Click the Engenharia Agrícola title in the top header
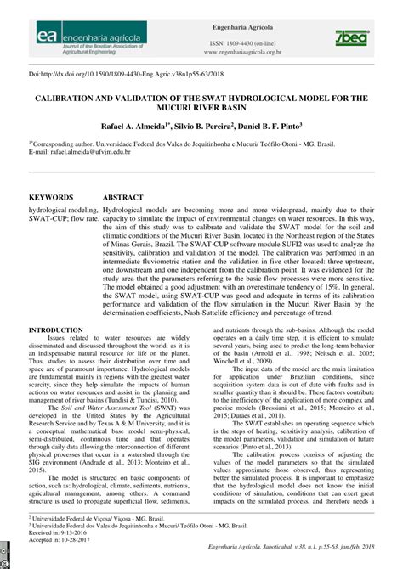[x=242, y=26]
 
